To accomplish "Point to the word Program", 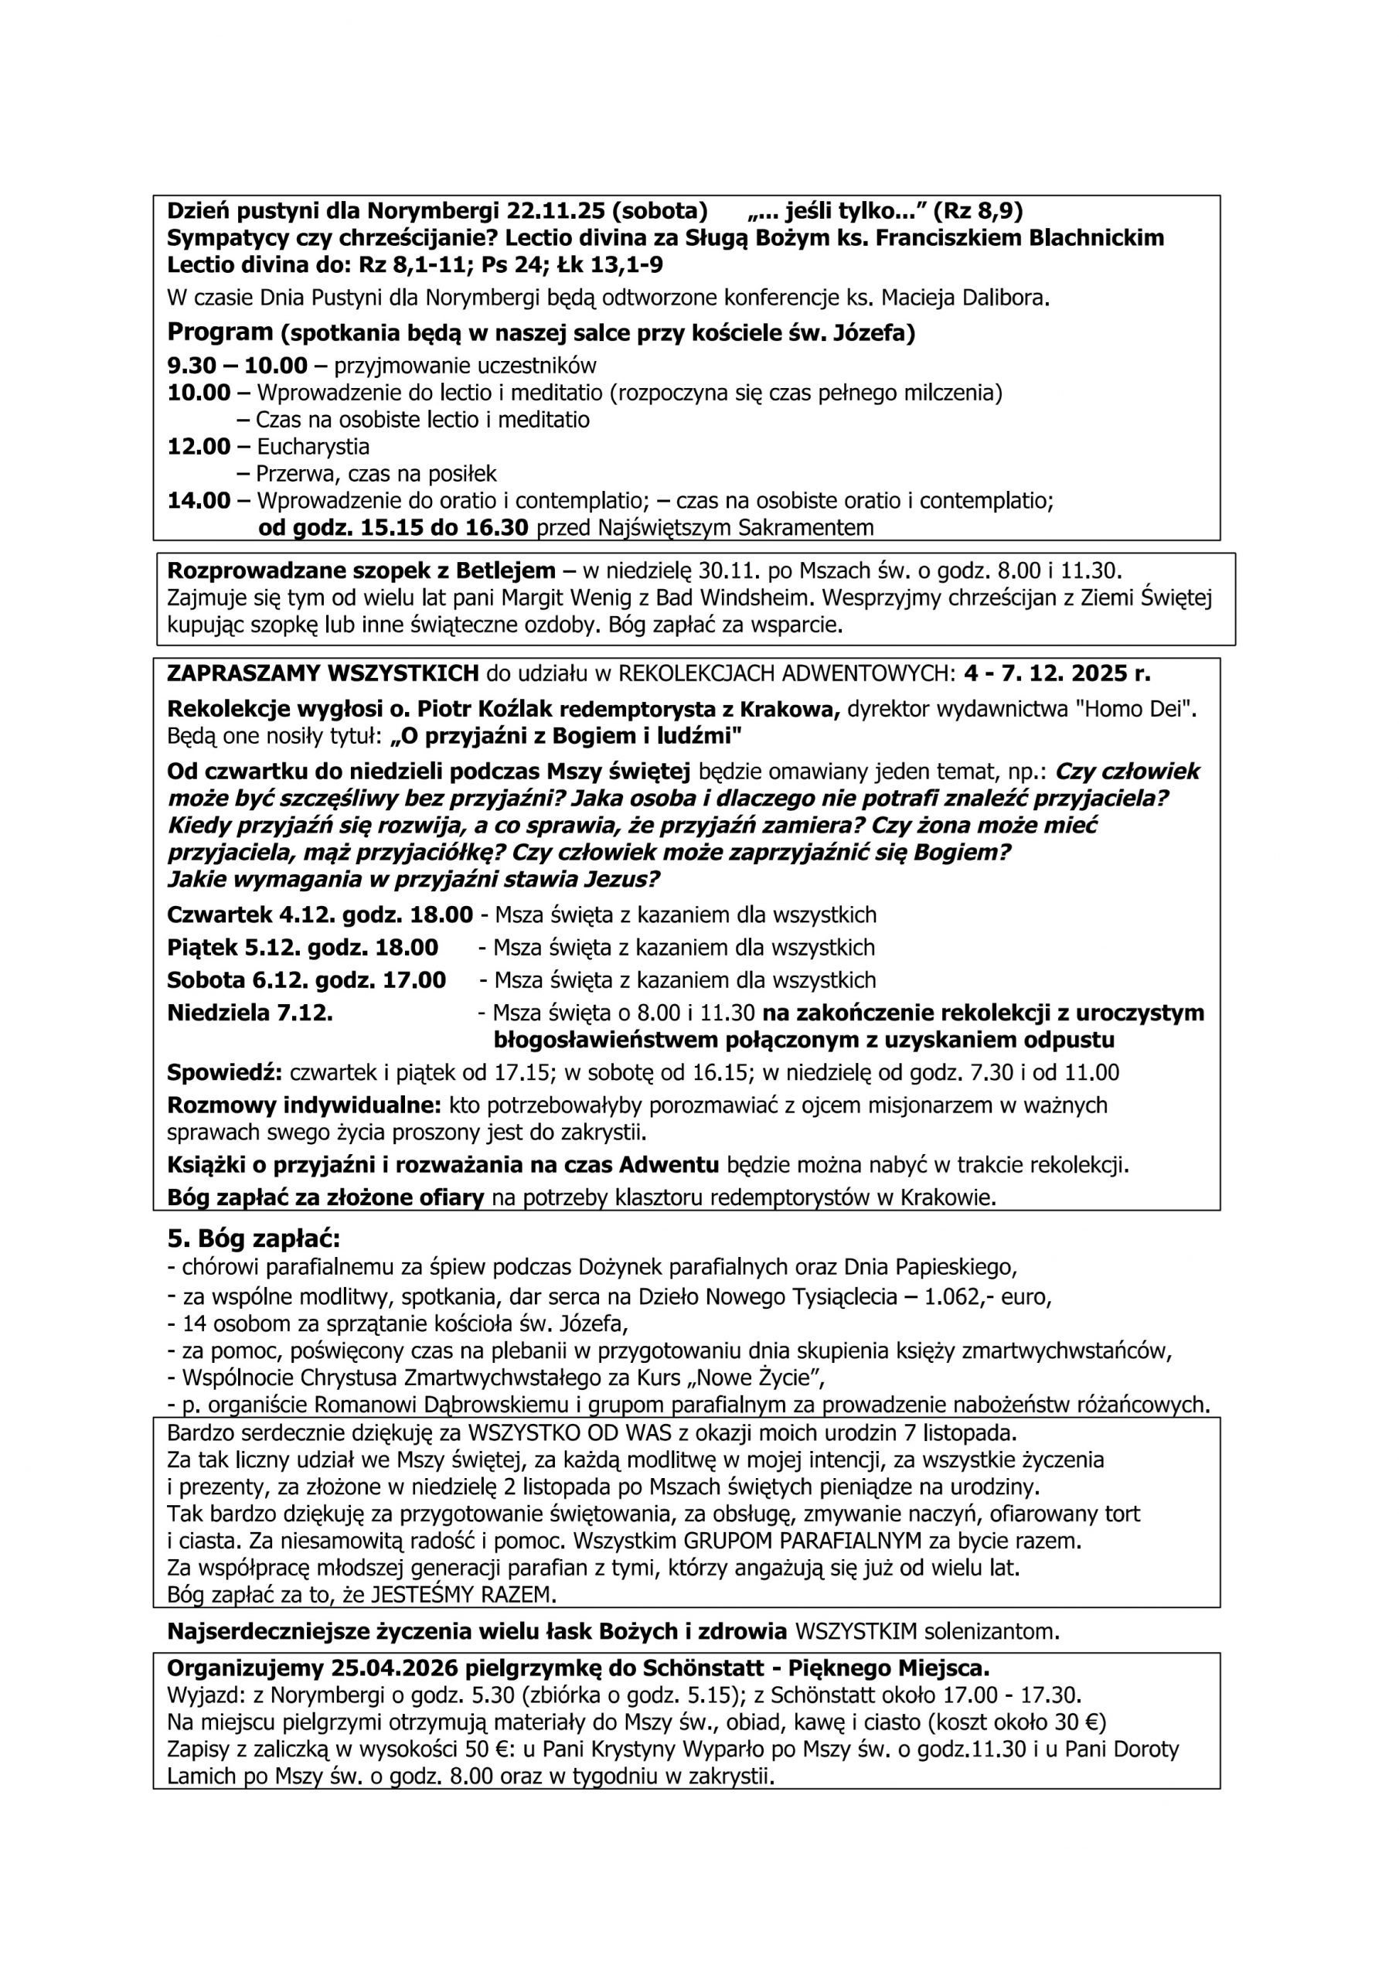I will (x=220, y=332).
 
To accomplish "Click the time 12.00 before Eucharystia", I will (x=199, y=447).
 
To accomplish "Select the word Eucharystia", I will (x=313, y=447).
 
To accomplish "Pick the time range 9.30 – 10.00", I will (x=237, y=366).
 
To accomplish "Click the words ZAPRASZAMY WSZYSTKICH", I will (x=322, y=673).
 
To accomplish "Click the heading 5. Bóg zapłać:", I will (x=254, y=1239).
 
